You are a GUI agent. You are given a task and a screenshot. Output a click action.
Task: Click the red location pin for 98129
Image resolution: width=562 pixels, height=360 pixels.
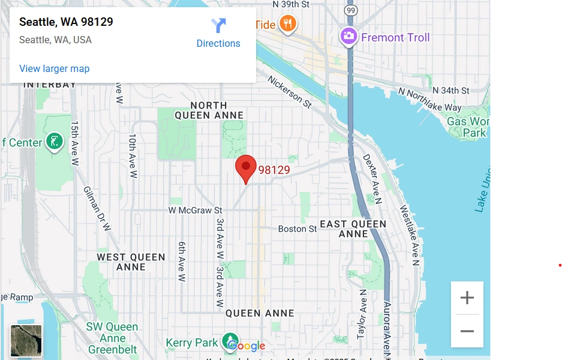tap(245, 168)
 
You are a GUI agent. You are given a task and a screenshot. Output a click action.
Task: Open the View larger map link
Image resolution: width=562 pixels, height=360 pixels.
tap(54, 68)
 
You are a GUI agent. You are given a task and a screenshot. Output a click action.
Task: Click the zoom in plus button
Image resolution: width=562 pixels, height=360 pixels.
tap(467, 298)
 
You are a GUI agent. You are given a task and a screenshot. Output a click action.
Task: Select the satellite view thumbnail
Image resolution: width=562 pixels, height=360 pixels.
tap(26, 341)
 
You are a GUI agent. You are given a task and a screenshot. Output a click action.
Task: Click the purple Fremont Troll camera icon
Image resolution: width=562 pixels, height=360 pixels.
tap(348, 37)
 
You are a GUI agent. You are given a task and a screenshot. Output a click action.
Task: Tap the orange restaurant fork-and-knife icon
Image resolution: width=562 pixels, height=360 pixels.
tap(288, 24)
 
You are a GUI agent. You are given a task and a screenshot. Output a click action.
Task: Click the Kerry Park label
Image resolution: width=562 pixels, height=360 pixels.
tap(191, 343)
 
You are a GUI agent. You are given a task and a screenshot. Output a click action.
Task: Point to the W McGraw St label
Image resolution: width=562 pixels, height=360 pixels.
tap(195, 211)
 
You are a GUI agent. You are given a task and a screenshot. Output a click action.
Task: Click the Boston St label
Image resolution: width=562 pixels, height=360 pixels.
tap(297, 229)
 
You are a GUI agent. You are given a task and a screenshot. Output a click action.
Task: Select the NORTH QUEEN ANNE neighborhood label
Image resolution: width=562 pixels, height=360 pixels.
tap(209, 110)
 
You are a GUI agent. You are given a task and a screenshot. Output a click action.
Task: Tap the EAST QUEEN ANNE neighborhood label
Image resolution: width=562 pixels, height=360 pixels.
tap(353, 229)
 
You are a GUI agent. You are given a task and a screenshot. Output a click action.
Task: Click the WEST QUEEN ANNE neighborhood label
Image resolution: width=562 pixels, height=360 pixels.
tap(131, 262)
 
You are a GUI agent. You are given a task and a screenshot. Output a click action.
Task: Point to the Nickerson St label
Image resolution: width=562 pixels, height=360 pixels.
tap(290, 92)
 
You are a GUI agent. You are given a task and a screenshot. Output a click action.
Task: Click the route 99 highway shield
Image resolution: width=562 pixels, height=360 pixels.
tap(351, 10)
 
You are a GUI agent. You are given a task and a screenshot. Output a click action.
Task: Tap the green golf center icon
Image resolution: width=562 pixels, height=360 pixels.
tap(55, 142)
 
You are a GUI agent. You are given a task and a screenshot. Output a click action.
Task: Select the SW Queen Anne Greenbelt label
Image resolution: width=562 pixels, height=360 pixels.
tap(112, 338)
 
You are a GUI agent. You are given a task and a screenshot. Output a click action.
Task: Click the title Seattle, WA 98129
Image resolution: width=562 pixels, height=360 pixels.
tap(66, 22)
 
